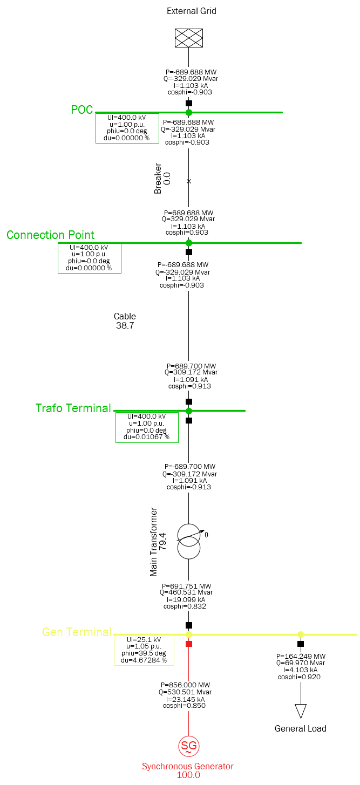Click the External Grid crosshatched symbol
coord(188,38)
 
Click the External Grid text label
coord(191,11)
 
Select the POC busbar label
coord(82,110)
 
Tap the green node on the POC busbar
coord(189,112)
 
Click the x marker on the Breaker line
coord(189,181)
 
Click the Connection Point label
coord(50,235)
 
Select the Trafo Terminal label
coord(73,408)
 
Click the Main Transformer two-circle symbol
coord(189,541)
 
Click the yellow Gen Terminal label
coord(77,632)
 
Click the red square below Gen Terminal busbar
coord(189,644)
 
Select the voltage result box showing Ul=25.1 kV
coord(144,650)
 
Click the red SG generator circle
coord(189,746)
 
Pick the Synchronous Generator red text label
coord(187,766)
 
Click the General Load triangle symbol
coord(301,711)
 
